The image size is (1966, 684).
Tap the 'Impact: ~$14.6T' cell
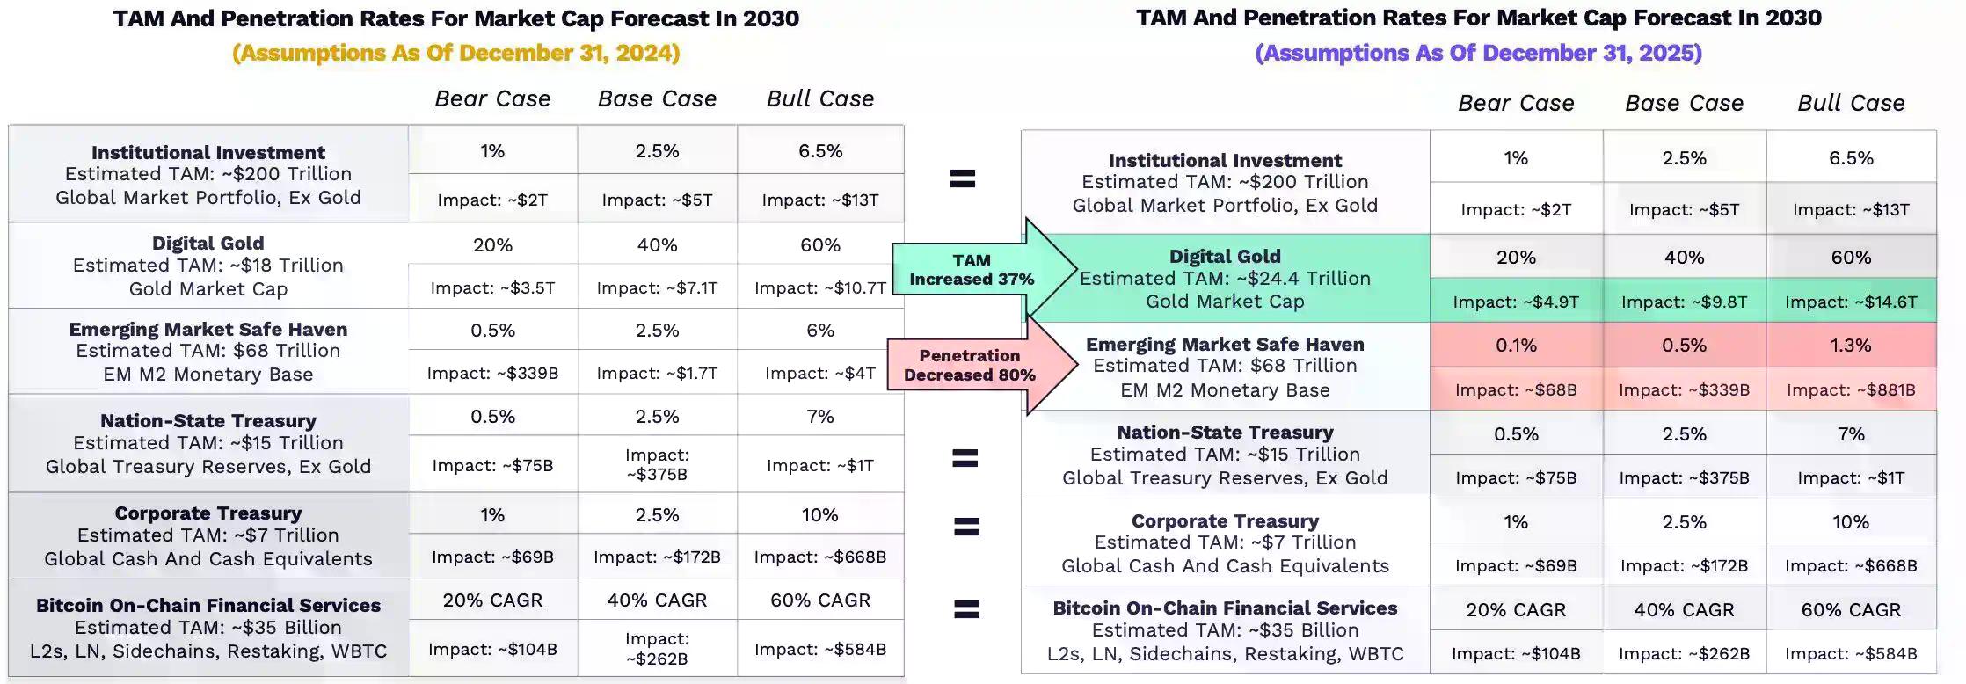(1851, 302)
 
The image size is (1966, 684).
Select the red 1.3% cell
(1851, 346)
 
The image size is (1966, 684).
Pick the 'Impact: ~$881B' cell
(1851, 389)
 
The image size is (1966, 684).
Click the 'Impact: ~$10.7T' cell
(820, 287)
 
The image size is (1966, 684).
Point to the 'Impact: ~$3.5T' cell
(492, 287)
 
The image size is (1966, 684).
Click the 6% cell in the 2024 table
(820, 330)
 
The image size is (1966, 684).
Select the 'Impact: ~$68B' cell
(1516, 389)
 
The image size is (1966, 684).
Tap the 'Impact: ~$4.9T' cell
(1516, 302)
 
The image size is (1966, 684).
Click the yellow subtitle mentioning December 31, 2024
(455, 53)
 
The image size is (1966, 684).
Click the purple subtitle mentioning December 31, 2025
(1478, 53)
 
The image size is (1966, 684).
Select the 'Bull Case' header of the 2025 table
(1851, 103)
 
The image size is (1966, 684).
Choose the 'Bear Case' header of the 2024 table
(492, 98)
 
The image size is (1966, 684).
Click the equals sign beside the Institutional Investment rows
(963, 179)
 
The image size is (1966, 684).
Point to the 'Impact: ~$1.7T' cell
(657, 373)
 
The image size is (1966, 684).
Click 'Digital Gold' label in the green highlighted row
(1225, 256)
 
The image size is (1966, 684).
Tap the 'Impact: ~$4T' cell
(820, 373)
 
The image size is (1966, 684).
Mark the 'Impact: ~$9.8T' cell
(1684, 302)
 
